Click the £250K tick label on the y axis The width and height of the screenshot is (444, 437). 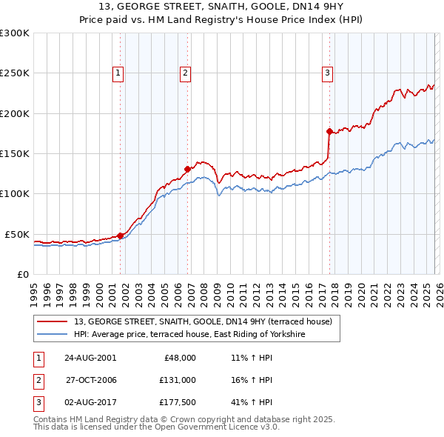tap(15, 73)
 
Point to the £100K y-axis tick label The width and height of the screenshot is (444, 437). tap(15, 194)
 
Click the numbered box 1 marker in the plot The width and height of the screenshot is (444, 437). tap(118, 73)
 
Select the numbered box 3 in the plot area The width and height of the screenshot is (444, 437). tap(327, 73)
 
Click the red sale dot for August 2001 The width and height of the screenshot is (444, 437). tap(121, 236)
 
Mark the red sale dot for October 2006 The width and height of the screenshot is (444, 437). tap(188, 169)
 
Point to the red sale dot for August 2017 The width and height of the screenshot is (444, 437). tap(329, 131)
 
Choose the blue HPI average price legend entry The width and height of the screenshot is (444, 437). tap(200, 335)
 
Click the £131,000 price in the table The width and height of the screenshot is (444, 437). tap(178, 380)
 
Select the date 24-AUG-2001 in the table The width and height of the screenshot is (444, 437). tap(90, 358)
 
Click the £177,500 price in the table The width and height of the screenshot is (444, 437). tap(178, 402)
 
